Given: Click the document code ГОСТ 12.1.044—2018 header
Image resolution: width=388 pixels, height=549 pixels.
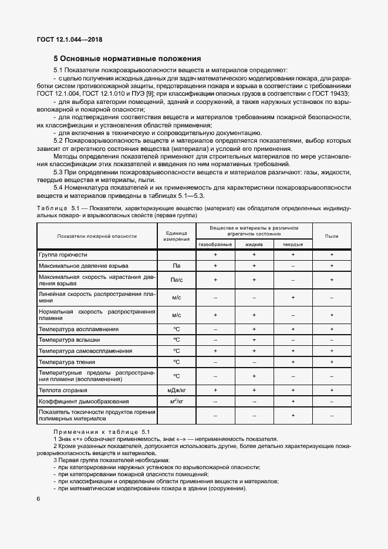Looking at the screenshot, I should click(65, 39).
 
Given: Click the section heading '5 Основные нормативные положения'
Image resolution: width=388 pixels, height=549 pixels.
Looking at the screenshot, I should click(127, 59).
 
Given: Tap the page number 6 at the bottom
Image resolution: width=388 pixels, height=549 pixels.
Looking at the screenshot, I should click(38, 499).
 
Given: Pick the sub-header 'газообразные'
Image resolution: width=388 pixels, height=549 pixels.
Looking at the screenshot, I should click(215, 244).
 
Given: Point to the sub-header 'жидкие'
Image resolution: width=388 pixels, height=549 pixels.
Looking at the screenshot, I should click(254, 244).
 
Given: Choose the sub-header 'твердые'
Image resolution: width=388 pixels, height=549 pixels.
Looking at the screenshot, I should click(293, 244).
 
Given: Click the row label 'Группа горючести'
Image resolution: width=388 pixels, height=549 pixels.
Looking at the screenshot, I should click(63, 255).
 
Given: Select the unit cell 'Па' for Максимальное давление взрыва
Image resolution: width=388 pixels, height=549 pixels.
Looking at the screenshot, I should click(176, 266).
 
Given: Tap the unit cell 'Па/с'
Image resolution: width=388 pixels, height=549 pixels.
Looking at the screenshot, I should click(176, 280).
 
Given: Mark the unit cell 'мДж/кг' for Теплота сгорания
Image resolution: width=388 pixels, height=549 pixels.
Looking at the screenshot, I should click(176, 390).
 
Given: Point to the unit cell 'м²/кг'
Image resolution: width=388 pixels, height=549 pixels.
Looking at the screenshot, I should click(176, 401).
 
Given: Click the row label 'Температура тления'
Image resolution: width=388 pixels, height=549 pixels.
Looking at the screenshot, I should click(67, 362).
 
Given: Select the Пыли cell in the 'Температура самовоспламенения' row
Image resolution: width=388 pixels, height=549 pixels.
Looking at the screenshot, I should click(332, 351).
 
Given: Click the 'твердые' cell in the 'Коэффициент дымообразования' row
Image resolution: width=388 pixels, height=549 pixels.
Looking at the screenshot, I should click(293, 401).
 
